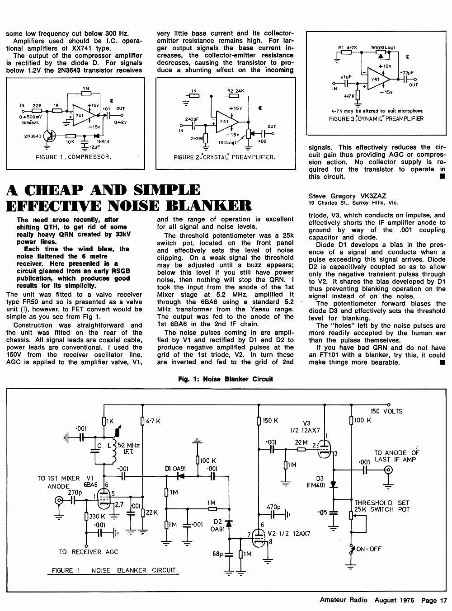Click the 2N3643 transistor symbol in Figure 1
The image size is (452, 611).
(x=50, y=136)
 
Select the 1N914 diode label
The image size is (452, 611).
(x=103, y=142)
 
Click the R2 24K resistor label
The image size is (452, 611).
(x=235, y=91)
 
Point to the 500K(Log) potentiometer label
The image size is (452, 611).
(x=383, y=47)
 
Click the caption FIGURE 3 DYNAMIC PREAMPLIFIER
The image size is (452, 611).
(x=376, y=119)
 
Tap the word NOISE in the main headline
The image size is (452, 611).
(x=134, y=206)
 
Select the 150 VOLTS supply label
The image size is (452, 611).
(x=386, y=411)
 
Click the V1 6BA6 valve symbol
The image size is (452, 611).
(x=104, y=500)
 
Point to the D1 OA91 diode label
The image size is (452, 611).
(x=175, y=469)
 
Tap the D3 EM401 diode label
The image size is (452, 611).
(x=316, y=482)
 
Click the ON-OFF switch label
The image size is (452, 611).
(x=369, y=549)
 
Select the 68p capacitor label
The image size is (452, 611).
(x=218, y=554)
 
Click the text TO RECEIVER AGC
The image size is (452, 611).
(x=89, y=552)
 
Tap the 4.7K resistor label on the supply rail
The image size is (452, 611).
(x=153, y=421)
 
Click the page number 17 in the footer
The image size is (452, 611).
(x=443, y=600)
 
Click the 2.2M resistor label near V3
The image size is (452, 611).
(x=301, y=442)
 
